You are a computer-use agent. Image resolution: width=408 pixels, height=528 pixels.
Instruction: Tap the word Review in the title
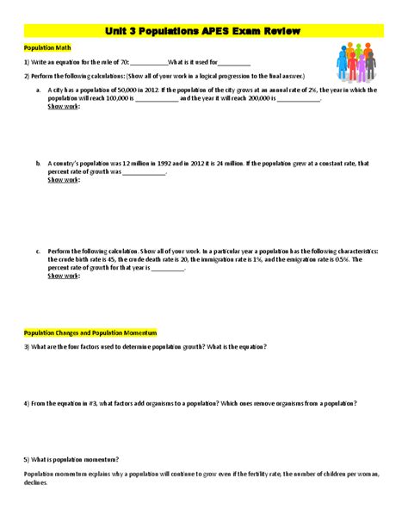tap(278, 31)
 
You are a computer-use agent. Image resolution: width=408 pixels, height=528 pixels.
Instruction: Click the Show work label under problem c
tap(64, 276)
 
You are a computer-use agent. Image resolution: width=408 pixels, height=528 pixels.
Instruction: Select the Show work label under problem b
tap(64, 180)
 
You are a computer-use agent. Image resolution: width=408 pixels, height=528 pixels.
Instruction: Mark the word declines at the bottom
tap(37, 482)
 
